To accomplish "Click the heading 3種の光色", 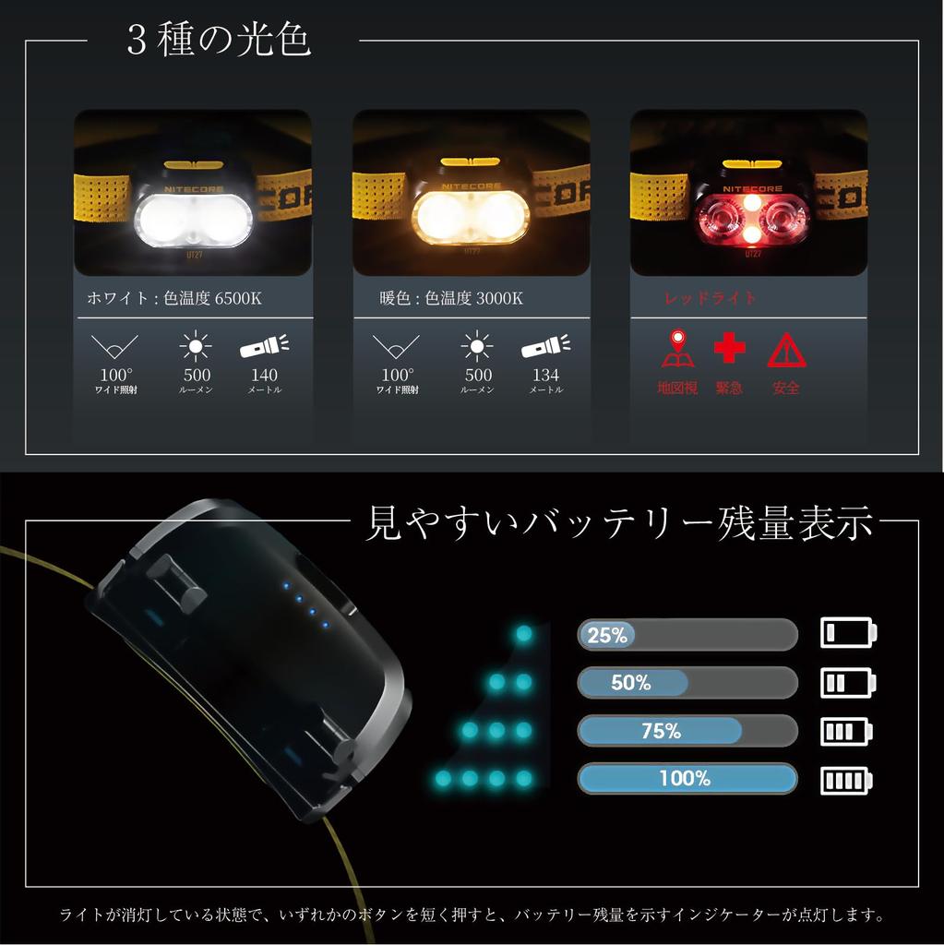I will (x=219, y=41).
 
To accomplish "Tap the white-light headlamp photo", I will (x=193, y=193).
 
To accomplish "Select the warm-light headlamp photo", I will (x=471, y=193).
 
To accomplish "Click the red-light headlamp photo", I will (x=748, y=193).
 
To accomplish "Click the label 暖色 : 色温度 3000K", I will (x=451, y=298).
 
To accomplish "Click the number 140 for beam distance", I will (x=264, y=376).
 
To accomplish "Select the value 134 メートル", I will (x=545, y=380).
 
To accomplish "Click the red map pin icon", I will (x=676, y=349).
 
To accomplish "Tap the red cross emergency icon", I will (x=729, y=349).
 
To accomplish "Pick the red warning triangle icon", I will (x=786, y=351).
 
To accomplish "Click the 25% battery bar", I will (x=687, y=635).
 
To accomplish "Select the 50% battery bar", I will (x=687, y=683).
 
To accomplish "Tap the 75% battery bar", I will (x=687, y=731).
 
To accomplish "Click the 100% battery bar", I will (x=687, y=778).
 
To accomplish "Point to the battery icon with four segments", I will (x=847, y=780).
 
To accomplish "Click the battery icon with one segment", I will (x=847, y=634).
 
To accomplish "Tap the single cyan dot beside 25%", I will (x=524, y=634).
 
